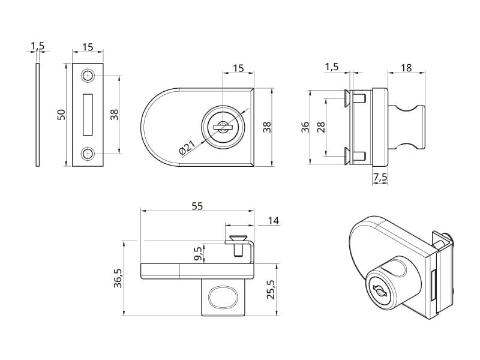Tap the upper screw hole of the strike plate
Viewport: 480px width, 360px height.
coord(88,76)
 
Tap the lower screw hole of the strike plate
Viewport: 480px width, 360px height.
coord(88,154)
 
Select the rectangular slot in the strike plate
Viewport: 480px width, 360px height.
coord(88,115)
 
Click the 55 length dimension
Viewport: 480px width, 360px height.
coord(197,206)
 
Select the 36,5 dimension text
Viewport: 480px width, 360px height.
coord(118,278)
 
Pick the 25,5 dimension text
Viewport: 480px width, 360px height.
coord(271,289)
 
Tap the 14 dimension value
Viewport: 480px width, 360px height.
coord(273,221)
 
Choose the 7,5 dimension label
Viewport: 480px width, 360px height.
coord(379,177)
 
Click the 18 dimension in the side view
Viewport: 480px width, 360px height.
coord(406,68)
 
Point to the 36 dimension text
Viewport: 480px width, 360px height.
coord(305,127)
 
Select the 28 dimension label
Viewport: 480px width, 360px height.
coord(321,127)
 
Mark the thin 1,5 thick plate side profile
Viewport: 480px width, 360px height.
coord(37,115)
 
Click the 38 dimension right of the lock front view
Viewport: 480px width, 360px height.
coord(268,127)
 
